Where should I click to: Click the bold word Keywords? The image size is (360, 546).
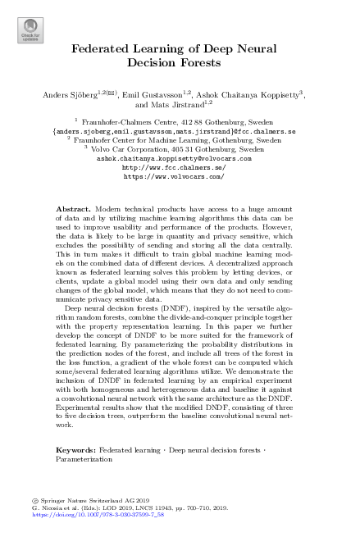click(80, 451)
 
